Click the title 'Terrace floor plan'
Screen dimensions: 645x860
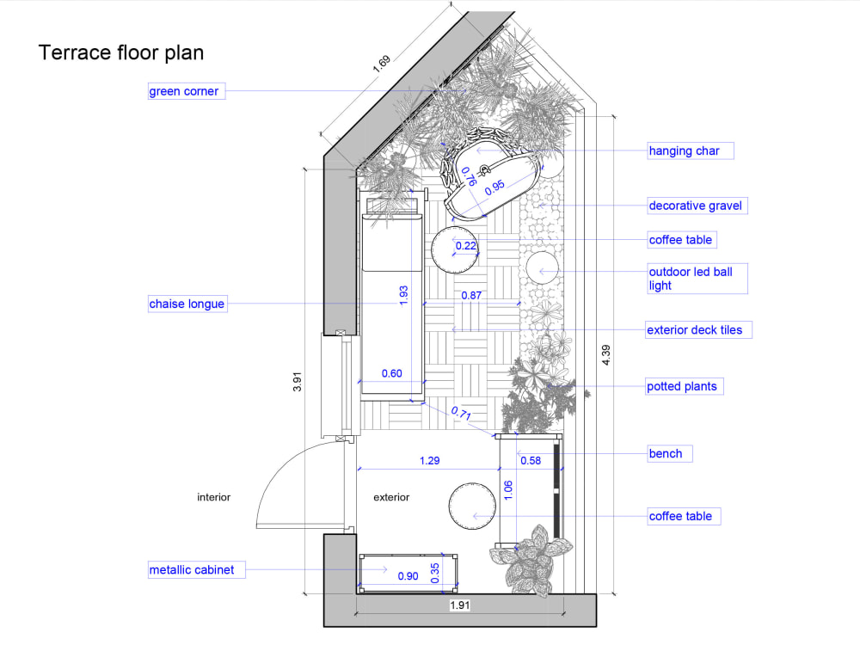tap(121, 52)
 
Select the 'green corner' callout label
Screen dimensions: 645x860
tap(185, 91)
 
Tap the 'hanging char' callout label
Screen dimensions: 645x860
tap(685, 150)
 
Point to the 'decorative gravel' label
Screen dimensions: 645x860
tap(695, 206)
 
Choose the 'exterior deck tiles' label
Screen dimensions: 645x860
tap(693, 329)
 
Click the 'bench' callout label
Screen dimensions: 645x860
tap(666, 453)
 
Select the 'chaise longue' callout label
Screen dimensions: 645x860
tap(187, 304)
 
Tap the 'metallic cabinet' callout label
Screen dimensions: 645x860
tap(192, 569)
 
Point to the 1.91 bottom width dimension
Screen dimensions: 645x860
tap(461, 606)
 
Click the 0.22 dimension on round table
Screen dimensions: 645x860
tap(466, 246)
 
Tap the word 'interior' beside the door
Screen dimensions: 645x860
tap(213, 497)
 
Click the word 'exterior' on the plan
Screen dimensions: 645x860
tap(391, 497)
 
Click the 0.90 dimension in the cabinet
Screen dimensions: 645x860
tap(408, 576)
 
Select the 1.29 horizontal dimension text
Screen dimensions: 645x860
tap(429, 461)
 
